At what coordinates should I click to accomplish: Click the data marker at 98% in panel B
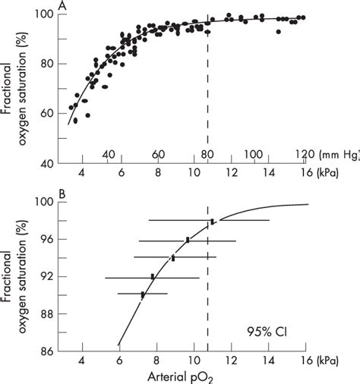pos(213,222)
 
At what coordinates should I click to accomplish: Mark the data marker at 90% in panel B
pos(143,294)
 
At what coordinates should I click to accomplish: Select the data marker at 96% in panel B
pos(188,240)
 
